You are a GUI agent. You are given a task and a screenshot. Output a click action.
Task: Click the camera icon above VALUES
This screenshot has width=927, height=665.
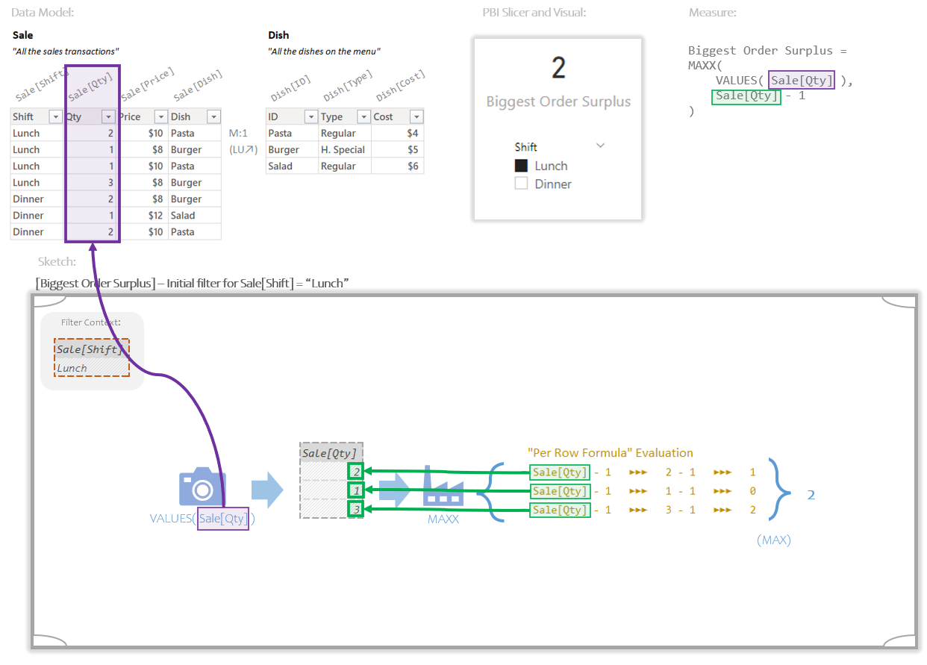[x=202, y=488]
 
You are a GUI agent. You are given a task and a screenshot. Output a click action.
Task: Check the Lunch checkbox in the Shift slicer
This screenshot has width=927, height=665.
[x=521, y=166]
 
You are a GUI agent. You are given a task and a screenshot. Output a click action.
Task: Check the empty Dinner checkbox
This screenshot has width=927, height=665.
[x=521, y=184]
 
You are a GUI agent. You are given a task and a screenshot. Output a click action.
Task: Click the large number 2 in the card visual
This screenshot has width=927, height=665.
[x=558, y=68]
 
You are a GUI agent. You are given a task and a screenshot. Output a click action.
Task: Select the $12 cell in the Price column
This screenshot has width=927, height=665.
[x=142, y=216]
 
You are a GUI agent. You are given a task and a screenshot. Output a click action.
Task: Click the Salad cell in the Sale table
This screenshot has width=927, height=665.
[x=183, y=216]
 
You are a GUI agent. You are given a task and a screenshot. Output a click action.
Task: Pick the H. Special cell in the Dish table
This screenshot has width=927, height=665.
[x=343, y=150]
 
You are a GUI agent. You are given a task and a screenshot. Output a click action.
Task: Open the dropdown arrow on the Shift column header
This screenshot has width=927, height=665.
[x=55, y=117]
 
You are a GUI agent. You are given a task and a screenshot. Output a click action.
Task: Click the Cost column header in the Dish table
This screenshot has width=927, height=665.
[x=384, y=117]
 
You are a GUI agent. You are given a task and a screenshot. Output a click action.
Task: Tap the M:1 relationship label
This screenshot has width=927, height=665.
[x=238, y=134]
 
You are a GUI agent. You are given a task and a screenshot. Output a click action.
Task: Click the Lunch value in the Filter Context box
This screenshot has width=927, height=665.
[x=72, y=368]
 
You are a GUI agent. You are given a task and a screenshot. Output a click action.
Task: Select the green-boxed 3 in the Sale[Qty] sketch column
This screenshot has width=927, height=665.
[x=356, y=510]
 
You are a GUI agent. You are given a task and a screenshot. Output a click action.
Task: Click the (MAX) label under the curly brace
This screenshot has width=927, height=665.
[x=773, y=540]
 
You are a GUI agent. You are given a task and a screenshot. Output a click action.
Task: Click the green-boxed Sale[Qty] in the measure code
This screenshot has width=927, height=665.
[x=746, y=96]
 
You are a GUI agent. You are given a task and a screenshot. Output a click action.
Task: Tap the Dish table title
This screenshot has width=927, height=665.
[x=278, y=35]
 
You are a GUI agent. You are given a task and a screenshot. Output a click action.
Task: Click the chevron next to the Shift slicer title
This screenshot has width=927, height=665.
[x=600, y=146]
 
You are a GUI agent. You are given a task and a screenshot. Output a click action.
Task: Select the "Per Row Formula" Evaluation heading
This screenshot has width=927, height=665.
[x=610, y=453]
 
